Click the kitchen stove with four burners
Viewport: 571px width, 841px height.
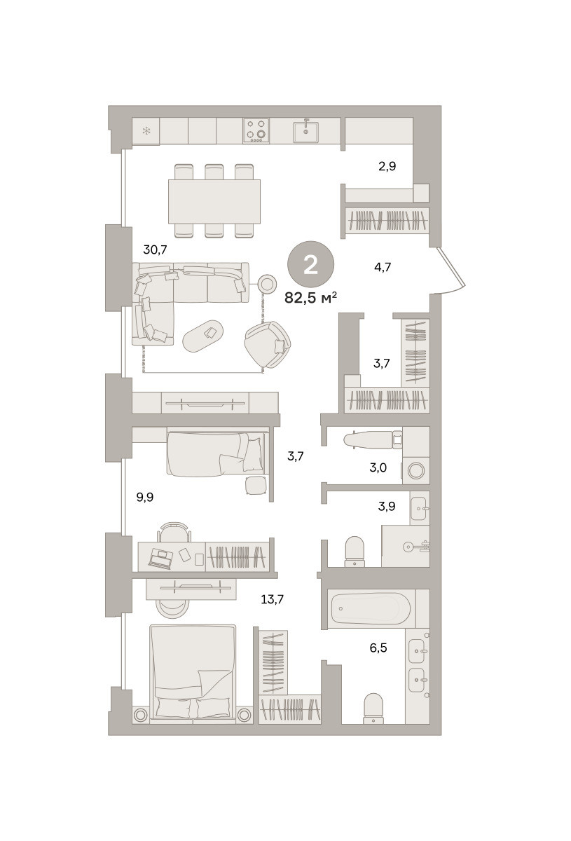pyautogui.click(x=256, y=130)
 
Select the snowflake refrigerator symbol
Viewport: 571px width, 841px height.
pyautogui.click(x=146, y=131)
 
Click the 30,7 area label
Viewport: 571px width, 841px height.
pyautogui.click(x=155, y=249)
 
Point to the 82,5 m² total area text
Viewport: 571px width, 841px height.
pyautogui.click(x=310, y=298)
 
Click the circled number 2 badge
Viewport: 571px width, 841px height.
pyautogui.click(x=310, y=264)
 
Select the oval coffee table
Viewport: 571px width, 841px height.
pyautogui.click(x=203, y=336)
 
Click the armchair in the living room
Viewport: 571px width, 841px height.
pyautogui.click(x=268, y=344)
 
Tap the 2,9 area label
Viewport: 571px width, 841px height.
pyautogui.click(x=387, y=166)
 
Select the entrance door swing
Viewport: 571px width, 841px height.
pyautogui.click(x=453, y=270)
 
